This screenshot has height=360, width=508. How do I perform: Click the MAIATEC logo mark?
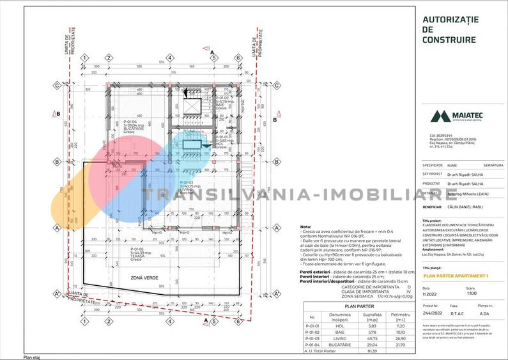[440, 116]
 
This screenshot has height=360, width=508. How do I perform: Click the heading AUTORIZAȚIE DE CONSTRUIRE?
[450, 29]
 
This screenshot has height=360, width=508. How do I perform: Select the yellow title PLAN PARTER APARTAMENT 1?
[456, 276]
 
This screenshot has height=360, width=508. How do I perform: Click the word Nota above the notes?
[305, 227]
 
